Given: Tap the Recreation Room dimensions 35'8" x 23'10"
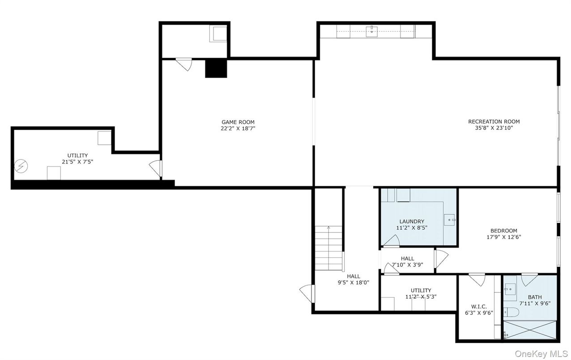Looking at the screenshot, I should click(494, 128).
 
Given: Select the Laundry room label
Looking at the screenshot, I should click(412, 221).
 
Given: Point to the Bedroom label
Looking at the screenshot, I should click(503, 231).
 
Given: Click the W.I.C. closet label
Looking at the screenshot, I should click(478, 307).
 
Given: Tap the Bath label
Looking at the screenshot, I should click(535, 297).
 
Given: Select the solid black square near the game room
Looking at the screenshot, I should click(216, 68).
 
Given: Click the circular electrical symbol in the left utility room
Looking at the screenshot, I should click(20, 167).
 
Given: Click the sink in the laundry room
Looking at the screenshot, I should click(449, 220).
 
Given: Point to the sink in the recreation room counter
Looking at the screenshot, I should click(372, 31).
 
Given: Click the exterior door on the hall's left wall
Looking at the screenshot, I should click(307, 293).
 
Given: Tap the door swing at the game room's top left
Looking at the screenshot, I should click(184, 64).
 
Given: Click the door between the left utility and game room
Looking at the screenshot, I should click(155, 168).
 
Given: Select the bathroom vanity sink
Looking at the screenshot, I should click(511, 290).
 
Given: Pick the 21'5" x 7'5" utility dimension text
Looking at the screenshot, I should click(77, 162).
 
